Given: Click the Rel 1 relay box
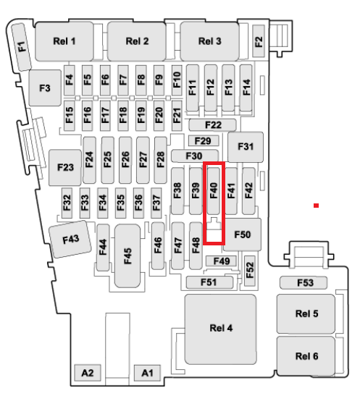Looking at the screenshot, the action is tap(64, 41).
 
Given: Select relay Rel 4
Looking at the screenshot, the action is tap(220, 329).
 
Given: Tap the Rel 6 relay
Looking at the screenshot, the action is tap(306, 356).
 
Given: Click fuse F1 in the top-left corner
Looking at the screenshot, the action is tap(22, 47).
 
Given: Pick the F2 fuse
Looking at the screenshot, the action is tap(259, 41).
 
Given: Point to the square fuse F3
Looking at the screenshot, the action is tap(45, 88).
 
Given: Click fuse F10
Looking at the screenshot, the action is tap(177, 80).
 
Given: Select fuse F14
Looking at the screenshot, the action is tap(246, 88).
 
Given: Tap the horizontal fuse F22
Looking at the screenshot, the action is tap(212, 125).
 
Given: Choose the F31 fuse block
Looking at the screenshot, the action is tap(246, 147).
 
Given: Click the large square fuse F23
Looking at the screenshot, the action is tap(65, 167).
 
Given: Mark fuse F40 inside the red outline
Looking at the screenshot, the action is tap(214, 191).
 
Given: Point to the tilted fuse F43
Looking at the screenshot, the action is tap(70, 240).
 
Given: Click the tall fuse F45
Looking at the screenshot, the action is tap(127, 256).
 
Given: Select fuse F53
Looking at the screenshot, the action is tap(304, 283).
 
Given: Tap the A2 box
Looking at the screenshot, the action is tap(88, 373).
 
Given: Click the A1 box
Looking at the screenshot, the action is tap(147, 373).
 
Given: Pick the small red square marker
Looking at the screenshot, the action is tap(317, 206).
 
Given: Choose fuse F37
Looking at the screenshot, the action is tap(156, 203).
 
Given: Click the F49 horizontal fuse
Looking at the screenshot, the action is tap(222, 261).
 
